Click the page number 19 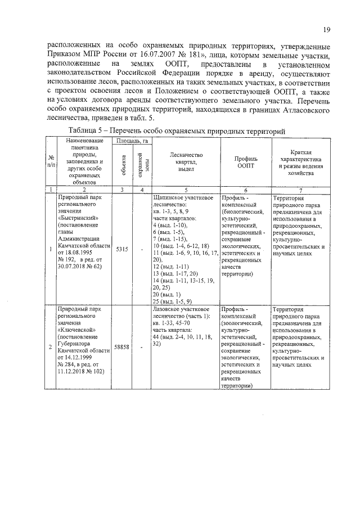coord(326,30)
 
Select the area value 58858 coord(122,347)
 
